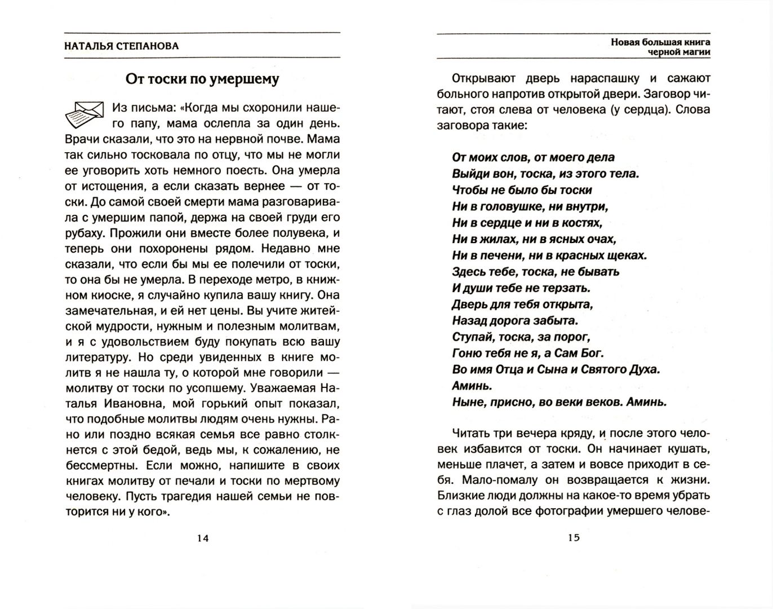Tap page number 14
pos(203,538)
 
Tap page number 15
pos(574,537)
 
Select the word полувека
pos(299,233)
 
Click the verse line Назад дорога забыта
pos(515,321)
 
